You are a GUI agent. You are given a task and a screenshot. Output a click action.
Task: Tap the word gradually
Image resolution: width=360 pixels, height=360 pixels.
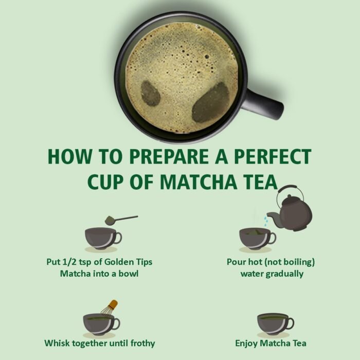(x=286, y=274)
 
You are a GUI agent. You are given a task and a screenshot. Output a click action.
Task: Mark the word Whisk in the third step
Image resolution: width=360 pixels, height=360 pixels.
(x=56, y=343)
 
